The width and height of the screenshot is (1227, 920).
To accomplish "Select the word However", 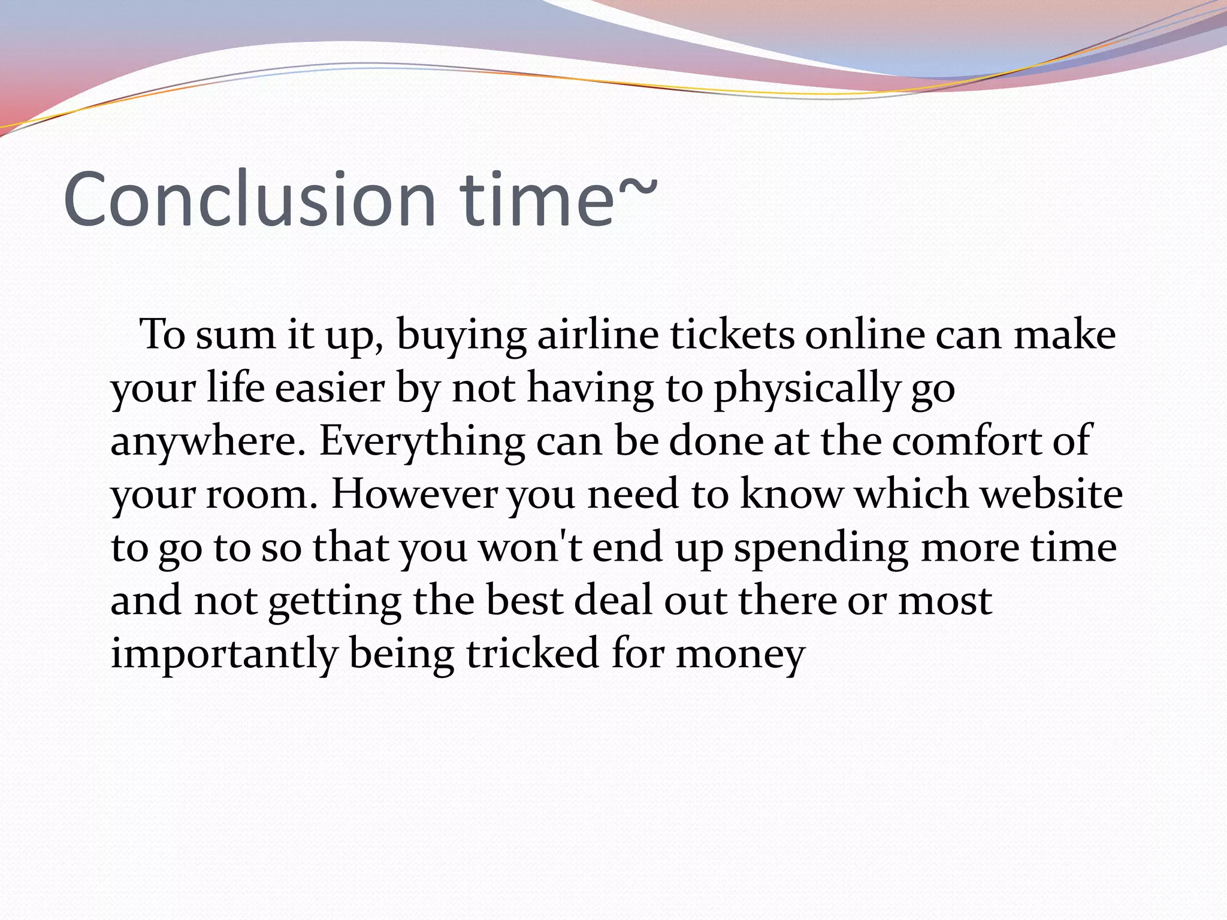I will coord(414,494).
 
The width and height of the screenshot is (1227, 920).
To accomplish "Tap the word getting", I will coord(334,602).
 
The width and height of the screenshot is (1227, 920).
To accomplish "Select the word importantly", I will coord(225,654).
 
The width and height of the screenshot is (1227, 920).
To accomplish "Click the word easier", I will coord(330,388).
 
